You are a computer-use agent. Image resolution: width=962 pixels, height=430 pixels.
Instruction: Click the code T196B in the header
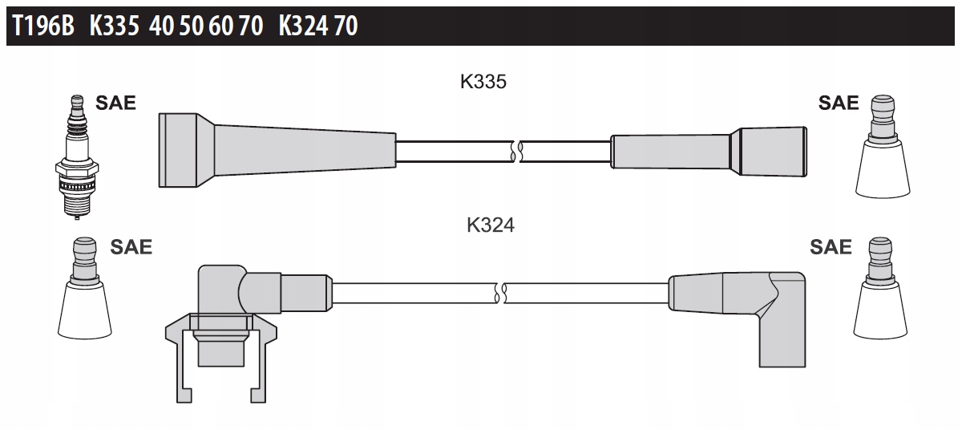43,26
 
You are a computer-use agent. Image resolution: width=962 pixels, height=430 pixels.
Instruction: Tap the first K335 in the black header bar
114,26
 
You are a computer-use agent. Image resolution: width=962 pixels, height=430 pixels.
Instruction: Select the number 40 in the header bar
161,26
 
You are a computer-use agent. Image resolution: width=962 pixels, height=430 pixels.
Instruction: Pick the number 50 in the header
191,26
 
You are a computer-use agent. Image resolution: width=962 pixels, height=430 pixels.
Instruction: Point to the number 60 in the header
220,26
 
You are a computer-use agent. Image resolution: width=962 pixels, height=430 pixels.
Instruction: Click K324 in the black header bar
303,26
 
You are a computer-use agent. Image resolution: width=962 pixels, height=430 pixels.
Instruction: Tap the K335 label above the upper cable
483,82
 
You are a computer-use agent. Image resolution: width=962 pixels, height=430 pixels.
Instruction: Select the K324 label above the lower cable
491,225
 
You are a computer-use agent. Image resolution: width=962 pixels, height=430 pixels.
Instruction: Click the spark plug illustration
77,157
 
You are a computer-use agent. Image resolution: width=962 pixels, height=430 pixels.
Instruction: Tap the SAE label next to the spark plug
115,103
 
